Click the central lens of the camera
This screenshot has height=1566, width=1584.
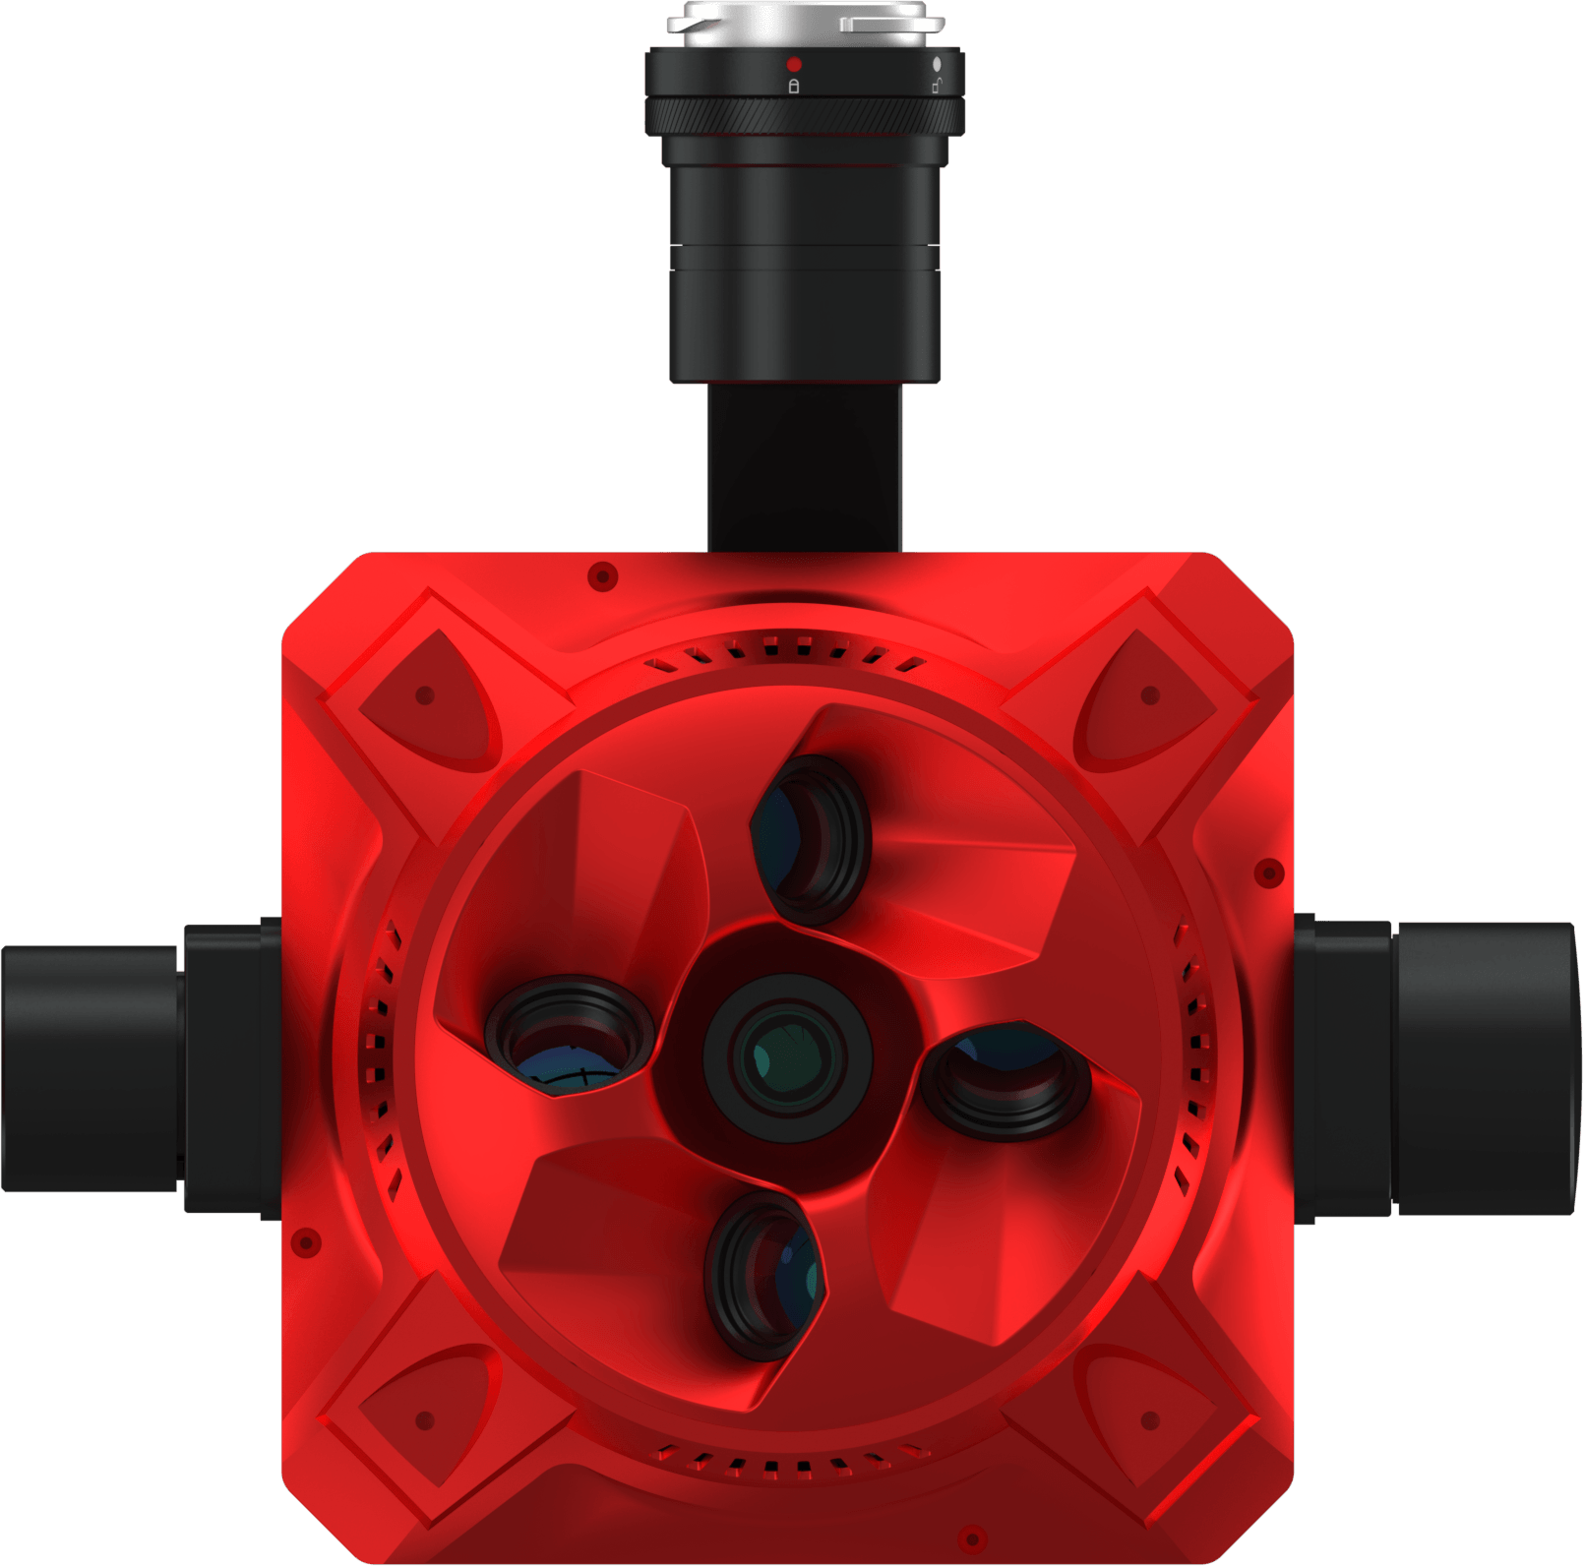click(x=787, y=1058)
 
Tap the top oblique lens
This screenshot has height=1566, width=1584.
click(x=813, y=839)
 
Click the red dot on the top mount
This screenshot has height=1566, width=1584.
click(x=794, y=65)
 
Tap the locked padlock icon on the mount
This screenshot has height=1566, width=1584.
click(x=794, y=86)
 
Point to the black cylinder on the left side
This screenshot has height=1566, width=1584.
click(x=89, y=1068)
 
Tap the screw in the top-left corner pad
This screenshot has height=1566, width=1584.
click(x=425, y=695)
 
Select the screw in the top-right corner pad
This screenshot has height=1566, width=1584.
click(x=1149, y=695)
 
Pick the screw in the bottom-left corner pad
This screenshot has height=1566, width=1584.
click(x=425, y=1420)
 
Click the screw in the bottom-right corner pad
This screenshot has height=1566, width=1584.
click(x=1149, y=1420)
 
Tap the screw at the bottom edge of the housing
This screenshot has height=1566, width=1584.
click(x=972, y=1537)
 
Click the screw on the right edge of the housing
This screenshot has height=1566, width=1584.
click(x=1269, y=873)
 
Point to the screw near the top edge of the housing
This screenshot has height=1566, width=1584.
click(x=602, y=575)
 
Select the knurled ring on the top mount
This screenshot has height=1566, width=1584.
click(x=805, y=116)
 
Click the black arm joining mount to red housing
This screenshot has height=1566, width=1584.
click(x=805, y=467)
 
